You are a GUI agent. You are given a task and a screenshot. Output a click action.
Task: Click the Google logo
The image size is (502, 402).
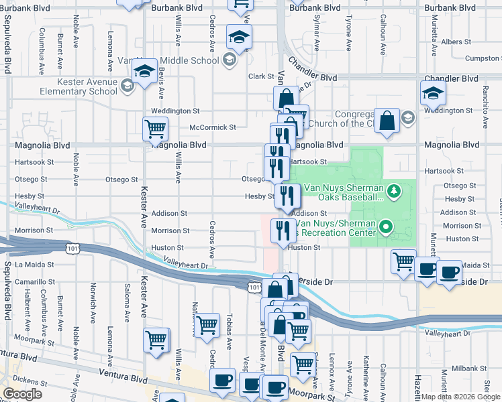click(22, 394)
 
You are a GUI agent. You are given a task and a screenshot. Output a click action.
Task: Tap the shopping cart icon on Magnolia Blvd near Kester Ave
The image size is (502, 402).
click(155, 127)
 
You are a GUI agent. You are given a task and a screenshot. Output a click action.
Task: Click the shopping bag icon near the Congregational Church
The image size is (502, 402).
click(387, 121)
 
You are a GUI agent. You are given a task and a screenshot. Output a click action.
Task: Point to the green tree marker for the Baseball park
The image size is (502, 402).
click(394, 191)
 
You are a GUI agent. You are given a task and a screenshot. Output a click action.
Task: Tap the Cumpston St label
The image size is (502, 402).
click(483, 59)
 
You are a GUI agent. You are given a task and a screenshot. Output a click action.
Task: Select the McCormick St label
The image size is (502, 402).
click(213, 127)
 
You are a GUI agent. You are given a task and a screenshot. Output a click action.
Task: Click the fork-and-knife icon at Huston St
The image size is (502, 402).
click(281, 230)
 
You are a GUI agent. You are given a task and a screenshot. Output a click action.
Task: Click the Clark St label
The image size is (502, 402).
click(259, 76)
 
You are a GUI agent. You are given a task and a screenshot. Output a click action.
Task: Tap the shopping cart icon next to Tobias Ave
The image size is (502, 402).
click(207, 325)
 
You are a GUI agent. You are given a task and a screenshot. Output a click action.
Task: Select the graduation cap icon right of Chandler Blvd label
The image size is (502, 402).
click(433, 93)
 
